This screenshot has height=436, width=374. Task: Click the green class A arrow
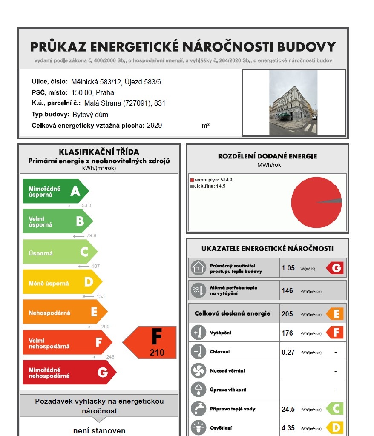pyautogui.click(x=55, y=191)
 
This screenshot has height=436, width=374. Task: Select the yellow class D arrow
pyautogui.click(x=62, y=282)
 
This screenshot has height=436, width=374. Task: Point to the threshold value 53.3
pyautogui.click(x=86, y=205)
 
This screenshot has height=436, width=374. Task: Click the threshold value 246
pyautogui.click(x=109, y=357)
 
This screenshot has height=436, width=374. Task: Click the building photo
pyautogui.click(x=293, y=103)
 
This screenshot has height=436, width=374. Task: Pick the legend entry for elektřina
pyautogui.click(x=210, y=186)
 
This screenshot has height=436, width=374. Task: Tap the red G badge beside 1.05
pyautogui.click(x=335, y=268)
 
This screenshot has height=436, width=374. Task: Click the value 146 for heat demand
pyautogui.click(x=287, y=290)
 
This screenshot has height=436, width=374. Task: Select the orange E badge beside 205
pyautogui.click(x=335, y=314)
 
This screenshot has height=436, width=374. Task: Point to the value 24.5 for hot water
pyautogui.click(x=288, y=409)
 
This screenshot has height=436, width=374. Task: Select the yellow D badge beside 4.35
pyautogui.click(x=335, y=428)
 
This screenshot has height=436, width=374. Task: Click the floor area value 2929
pyautogui.click(x=154, y=126)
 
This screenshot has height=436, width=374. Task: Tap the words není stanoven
pyautogui.click(x=99, y=430)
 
